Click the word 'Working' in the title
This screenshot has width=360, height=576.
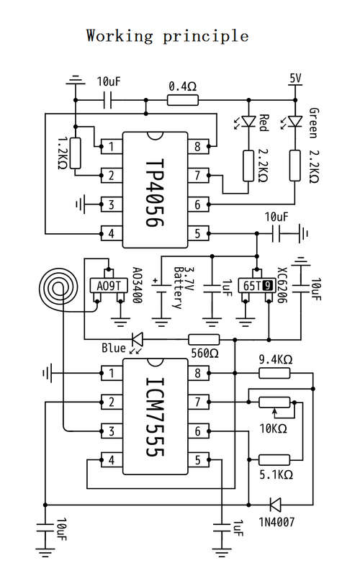[120, 37]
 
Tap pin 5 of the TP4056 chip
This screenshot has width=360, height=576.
[199, 233]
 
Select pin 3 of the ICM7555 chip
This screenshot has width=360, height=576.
[112, 431]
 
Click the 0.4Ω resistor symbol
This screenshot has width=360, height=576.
[183, 100]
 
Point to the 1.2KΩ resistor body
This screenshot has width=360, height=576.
[76, 153]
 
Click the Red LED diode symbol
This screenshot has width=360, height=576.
[248, 121]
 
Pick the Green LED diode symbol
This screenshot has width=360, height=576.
[295, 121]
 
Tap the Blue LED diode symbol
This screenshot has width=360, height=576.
[138, 339]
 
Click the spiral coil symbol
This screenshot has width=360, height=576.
[59, 289]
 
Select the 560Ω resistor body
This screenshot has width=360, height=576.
[204, 339]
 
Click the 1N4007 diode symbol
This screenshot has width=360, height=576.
[275, 505]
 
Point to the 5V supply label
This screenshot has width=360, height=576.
[295, 78]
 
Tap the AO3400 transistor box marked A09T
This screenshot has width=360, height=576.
[109, 285]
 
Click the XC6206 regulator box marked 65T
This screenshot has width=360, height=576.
[256, 285]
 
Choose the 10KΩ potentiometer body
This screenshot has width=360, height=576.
[274, 402]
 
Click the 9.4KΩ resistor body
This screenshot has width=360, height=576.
[274, 374]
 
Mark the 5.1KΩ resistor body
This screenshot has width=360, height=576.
[274, 459]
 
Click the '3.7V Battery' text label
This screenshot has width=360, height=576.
[184, 287]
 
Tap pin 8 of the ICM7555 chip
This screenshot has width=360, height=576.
[199, 373]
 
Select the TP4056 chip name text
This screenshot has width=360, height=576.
[155, 193]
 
